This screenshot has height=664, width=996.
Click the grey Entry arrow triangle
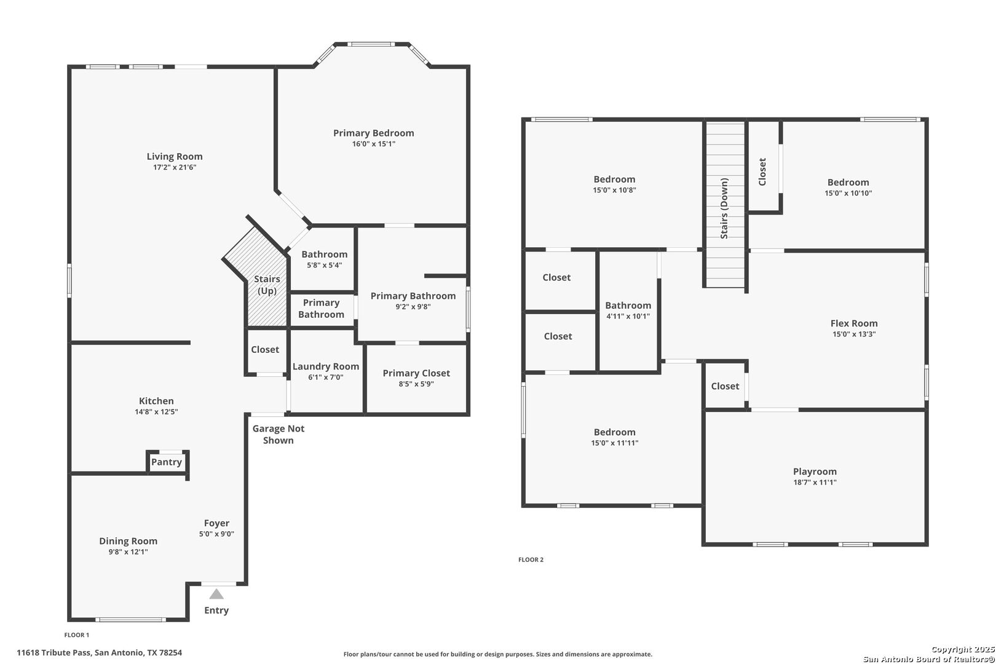point(216,594)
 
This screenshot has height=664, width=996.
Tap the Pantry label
point(166,462)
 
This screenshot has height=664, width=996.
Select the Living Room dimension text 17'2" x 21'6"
point(175,167)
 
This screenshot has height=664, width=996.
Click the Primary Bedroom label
point(374,133)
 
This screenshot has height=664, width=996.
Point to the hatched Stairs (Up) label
point(267,285)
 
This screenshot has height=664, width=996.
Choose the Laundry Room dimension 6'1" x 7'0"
point(325,377)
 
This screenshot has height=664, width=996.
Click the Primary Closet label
point(416,373)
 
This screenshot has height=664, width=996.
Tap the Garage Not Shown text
point(279,435)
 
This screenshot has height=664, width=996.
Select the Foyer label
point(216,523)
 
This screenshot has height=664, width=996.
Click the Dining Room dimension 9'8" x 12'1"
point(128,552)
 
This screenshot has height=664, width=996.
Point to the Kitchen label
point(156,401)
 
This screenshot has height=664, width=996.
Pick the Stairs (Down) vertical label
point(724,208)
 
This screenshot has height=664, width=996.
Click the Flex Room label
point(854,323)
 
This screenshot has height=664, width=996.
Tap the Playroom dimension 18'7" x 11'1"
point(815,483)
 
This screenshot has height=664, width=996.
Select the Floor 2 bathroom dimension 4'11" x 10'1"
point(628,316)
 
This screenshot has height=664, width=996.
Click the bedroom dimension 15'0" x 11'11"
point(614,443)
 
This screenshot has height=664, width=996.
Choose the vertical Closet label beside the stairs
point(762,172)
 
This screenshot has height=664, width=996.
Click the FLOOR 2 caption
point(531,559)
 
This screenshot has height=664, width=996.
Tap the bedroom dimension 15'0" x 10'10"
point(848,193)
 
